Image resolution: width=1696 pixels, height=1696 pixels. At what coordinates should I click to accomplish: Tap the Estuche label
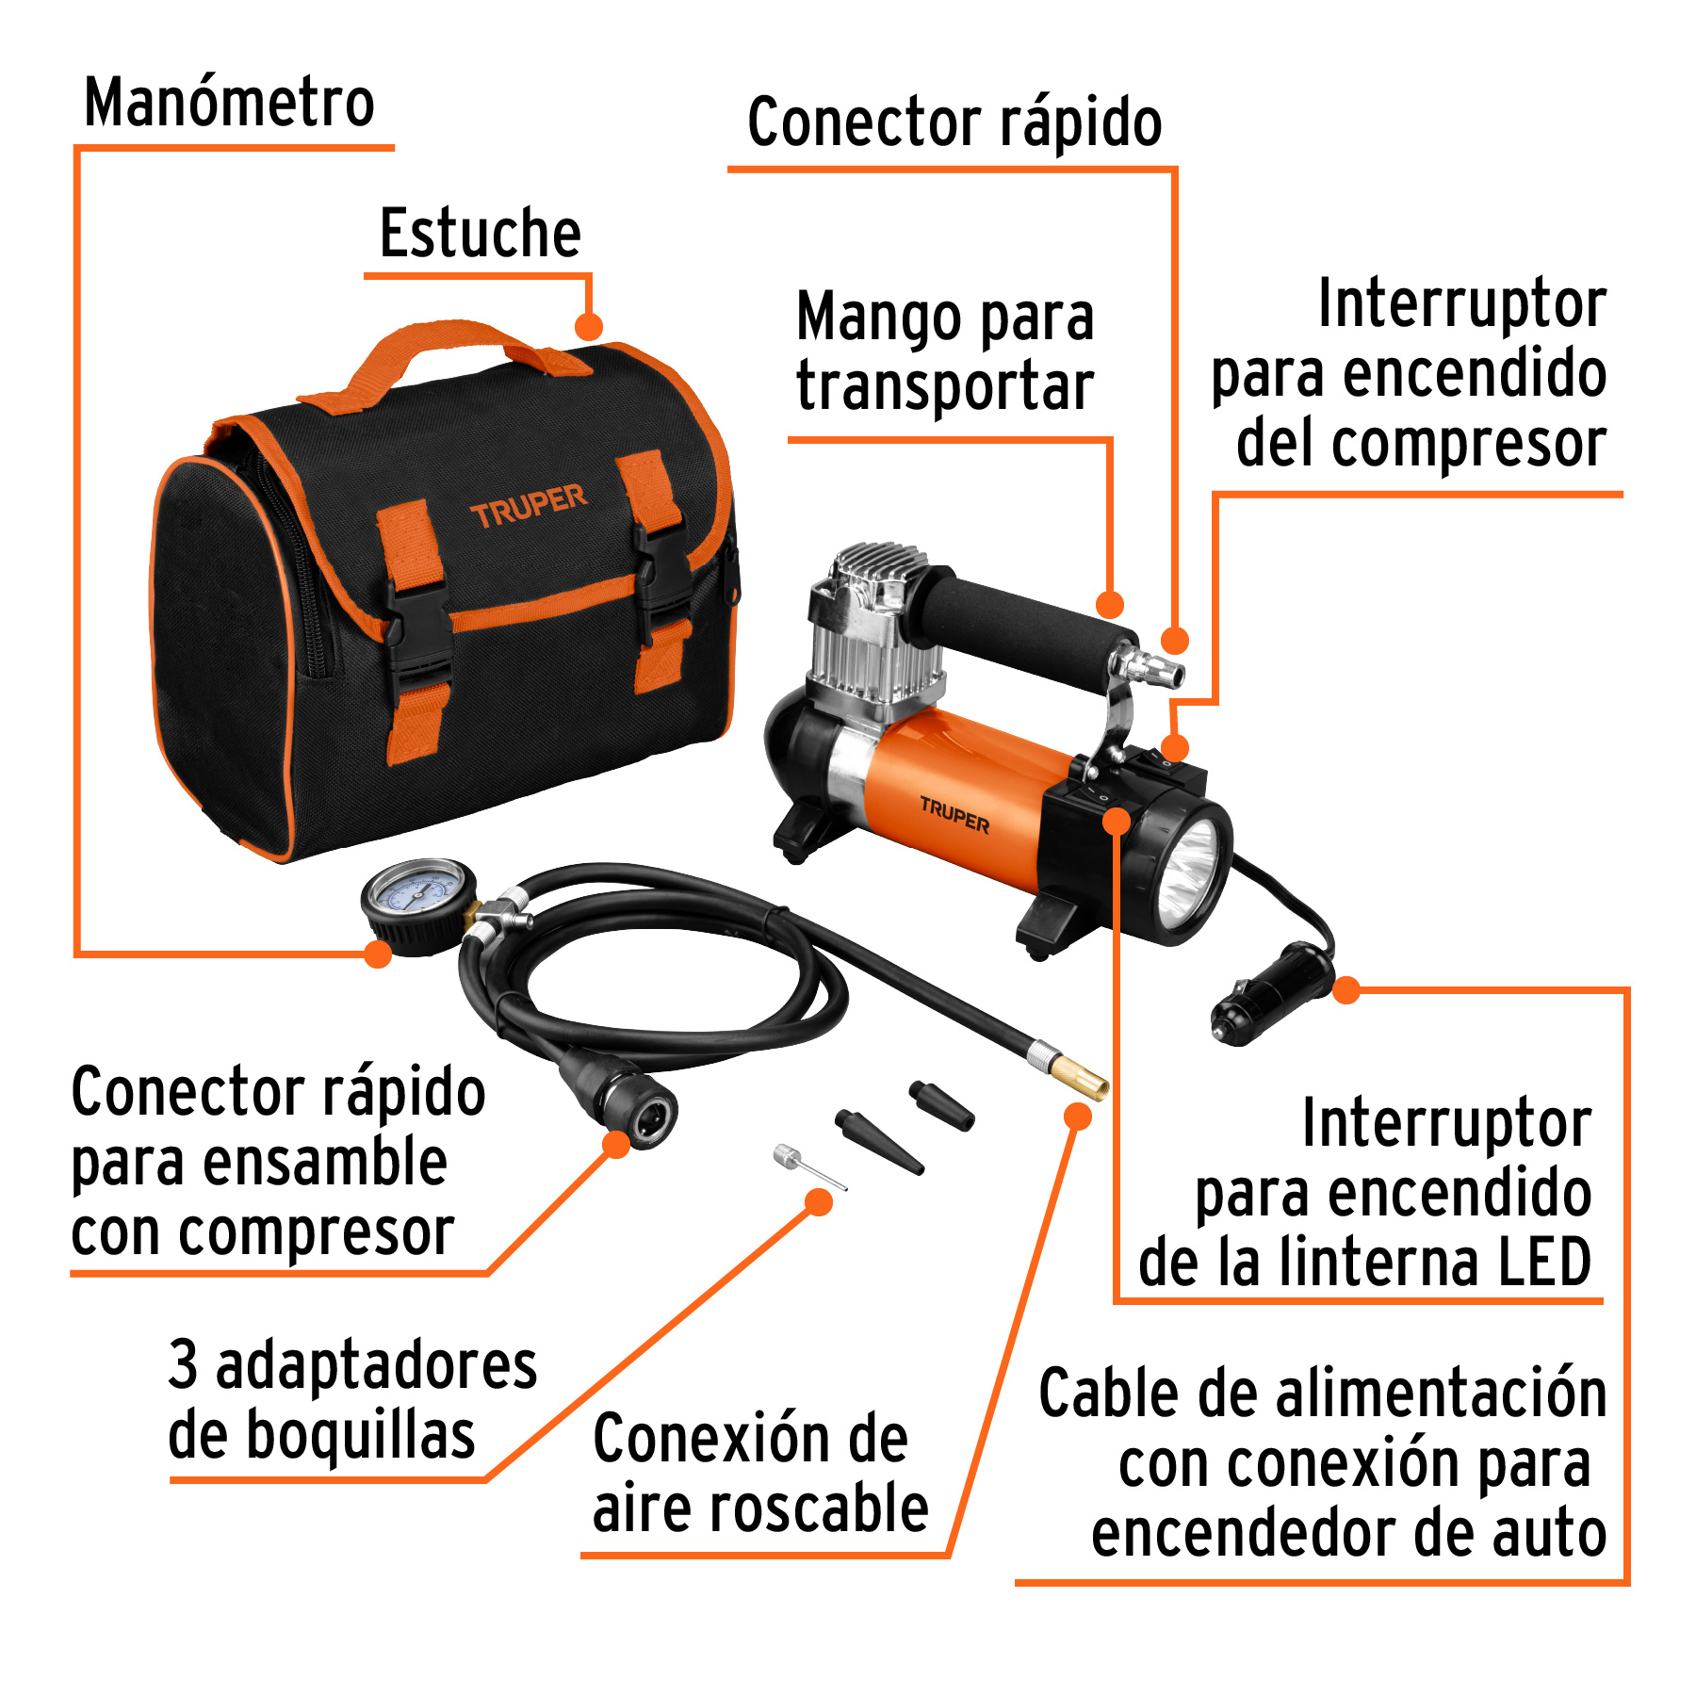480,233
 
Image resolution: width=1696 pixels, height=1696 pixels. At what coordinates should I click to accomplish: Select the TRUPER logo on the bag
528,506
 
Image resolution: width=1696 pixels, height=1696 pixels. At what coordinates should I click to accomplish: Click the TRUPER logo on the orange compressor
954,815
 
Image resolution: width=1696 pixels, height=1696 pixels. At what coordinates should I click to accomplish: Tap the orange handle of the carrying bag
443,353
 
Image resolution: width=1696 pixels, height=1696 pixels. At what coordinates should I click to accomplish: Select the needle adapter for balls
807,1166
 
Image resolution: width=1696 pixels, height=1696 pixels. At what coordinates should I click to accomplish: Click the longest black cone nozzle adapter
878,1141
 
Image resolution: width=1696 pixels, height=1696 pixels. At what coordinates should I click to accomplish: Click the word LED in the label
1545,1263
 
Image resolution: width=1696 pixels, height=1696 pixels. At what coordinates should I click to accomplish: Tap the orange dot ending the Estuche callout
588,327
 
